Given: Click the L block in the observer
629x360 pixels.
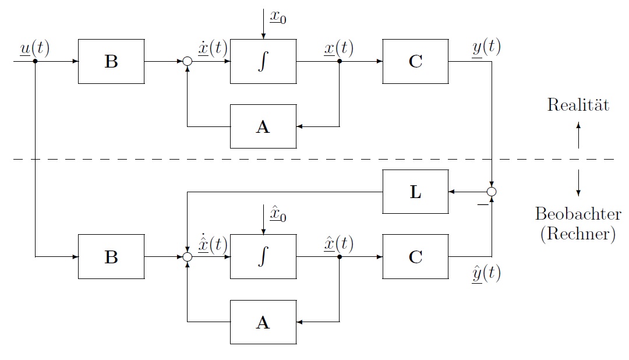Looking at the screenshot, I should pyautogui.click(x=415, y=192).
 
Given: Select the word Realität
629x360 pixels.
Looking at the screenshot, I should pyautogui.click(x=578, y=105).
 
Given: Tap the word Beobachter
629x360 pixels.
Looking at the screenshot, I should pyautogui.click(x=578, y=214).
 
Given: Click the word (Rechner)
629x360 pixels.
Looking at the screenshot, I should pyautogui.click(x=578, y=234).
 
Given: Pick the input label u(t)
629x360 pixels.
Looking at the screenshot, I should pyautogui.click(x=34, y=49).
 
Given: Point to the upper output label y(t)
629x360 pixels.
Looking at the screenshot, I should pyautogui.click(x=486, y=48).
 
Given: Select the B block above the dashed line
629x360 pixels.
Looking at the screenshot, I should pyautogui.click(x=111, y=62).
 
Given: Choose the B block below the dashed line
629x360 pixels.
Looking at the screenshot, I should pyautogui.click(x=111, y=257).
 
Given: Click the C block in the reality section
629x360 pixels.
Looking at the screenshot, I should pyautogui.click(x=415, y=62).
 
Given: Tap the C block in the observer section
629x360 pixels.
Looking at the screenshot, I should pyautogui.click(x=415, y=257).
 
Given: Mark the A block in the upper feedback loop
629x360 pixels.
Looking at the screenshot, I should pyautogui.click(x=263, y=126).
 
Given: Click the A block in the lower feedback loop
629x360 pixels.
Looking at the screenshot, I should pyautogui.click(x=263, y=322).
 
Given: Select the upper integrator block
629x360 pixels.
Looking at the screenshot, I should pyautogui.click(x=263, y=62).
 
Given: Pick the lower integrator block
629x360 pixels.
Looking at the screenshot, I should pyautogui.click(x=263, y=257).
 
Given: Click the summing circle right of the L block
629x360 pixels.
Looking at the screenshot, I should pyautogui.click(x=492, y=192).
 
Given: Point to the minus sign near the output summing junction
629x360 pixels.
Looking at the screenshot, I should pyautogui.click(x=482, y=204).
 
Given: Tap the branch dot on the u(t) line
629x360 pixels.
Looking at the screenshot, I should pyautogui.click(x=36, y=61).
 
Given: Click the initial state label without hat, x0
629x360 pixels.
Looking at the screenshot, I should pyautogui.click(x=277, y=17).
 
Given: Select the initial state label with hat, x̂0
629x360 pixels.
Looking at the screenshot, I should pyautogui.click(x=277, y=214).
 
